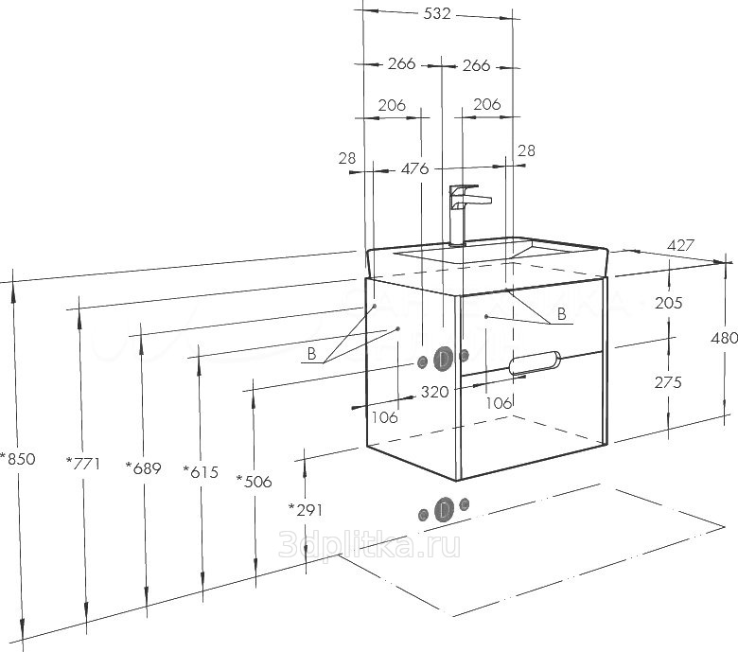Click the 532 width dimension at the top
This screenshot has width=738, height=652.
tap(437, 14)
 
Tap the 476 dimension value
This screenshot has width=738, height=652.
tap(414, 168)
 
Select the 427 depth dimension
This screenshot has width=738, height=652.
tap(681, 245)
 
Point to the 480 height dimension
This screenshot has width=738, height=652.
tap(724, 338)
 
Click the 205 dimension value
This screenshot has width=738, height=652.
tap(668, 303)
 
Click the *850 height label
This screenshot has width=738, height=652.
tap(17, 459)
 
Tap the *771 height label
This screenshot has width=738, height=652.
tap(83, 463)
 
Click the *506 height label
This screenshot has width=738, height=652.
tap(254, 481)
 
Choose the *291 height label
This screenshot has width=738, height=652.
tap(306, 509)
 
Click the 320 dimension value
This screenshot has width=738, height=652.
tap(434, 390)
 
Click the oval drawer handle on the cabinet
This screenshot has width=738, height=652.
tap(534, 361)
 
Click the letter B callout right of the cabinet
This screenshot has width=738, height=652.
tap(560, 313)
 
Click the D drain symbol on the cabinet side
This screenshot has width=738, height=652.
tap(443, 359)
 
